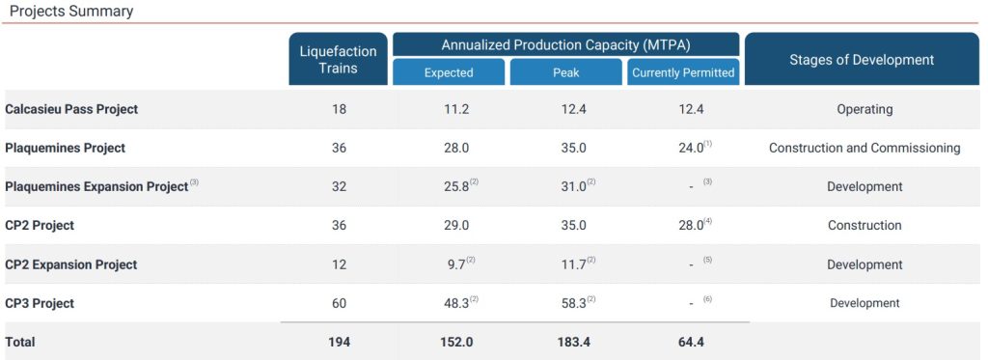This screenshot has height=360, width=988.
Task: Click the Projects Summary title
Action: (71, 12)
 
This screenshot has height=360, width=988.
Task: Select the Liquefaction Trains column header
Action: (339, 59)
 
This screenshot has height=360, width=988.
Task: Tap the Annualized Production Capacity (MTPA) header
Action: (565, 44)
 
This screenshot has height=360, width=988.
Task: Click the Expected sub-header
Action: (449, 72)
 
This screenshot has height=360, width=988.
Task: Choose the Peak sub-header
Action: (565, 72)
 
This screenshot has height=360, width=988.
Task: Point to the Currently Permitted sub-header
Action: (683, 72)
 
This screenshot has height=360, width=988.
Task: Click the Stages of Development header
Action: (862, 59)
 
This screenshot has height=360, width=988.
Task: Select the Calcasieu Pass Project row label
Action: (71, 109)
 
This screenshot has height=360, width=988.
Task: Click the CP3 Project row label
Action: (39, 303)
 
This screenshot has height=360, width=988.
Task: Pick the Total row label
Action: (20, 343)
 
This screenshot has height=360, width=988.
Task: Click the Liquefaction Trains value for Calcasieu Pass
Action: (339, 109)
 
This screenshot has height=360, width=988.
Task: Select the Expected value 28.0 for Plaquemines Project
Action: (456, 149)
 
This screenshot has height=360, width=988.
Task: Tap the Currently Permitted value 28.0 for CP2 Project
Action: (691, 226)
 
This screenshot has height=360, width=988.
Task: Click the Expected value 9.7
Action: (456, 264)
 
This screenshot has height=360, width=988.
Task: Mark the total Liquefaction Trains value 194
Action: (339, 343)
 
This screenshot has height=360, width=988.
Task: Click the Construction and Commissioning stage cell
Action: (864, 149)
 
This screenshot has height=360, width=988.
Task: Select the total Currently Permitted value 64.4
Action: (691, 343)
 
